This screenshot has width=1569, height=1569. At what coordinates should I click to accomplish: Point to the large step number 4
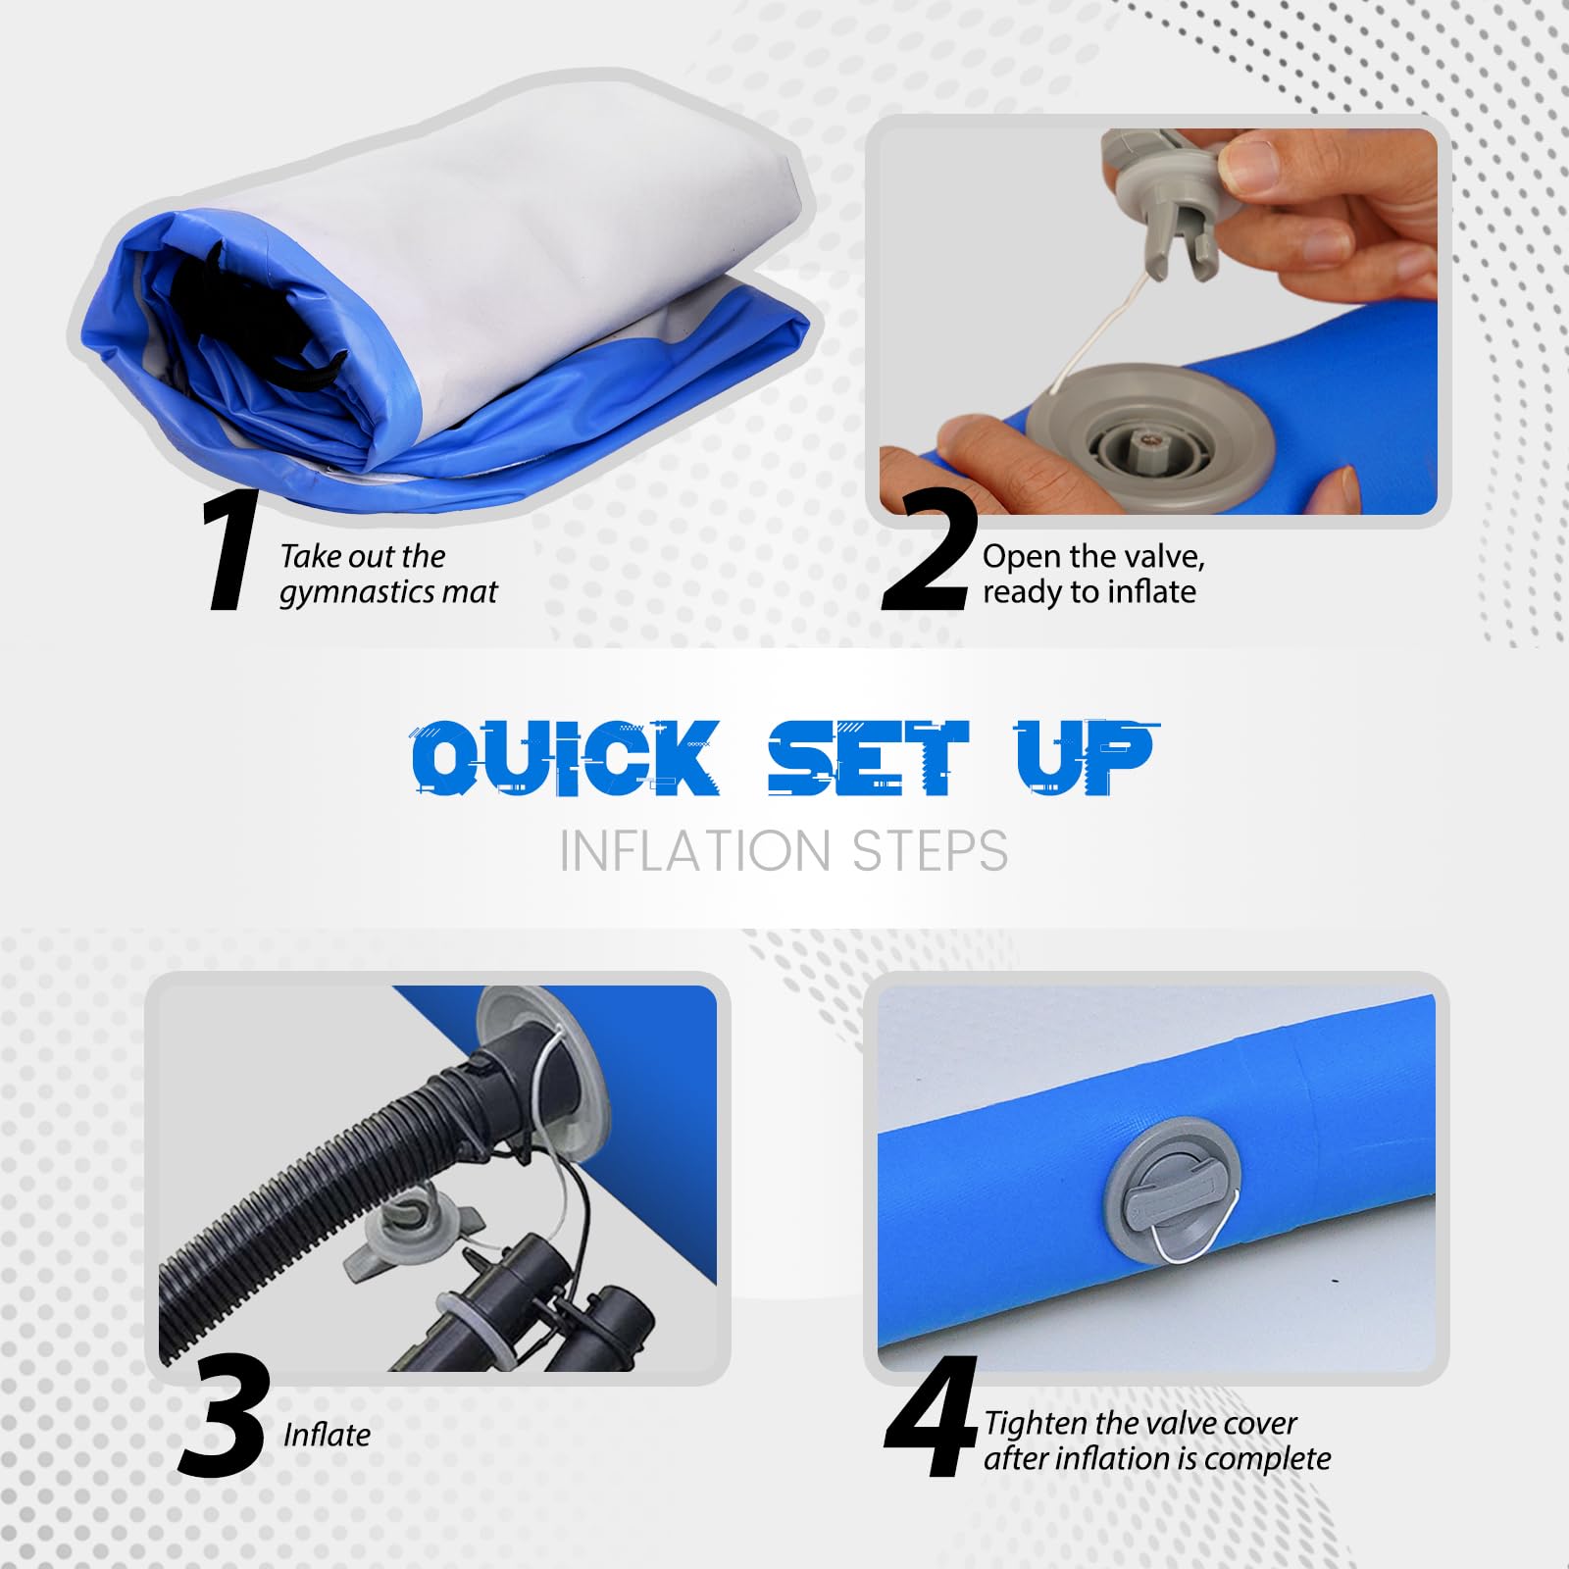931,1416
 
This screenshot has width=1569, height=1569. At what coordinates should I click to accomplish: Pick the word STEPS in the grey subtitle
930,851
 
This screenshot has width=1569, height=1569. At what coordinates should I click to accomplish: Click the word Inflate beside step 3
327,1435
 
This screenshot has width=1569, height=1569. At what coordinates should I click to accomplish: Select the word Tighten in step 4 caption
1037,1424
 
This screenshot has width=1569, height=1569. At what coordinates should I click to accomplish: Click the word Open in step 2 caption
1021,558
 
